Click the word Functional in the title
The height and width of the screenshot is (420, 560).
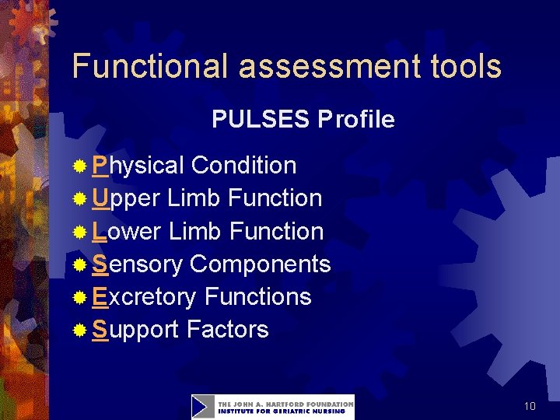[151, 67]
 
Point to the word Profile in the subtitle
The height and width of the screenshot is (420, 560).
[355, 120]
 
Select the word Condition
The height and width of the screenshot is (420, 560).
[243, 166]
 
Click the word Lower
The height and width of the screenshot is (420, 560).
[127, 231]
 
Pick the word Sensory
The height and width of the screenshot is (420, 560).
[137, 264]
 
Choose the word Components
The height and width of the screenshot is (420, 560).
[260, 264]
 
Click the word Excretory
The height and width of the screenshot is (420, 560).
[144, 296]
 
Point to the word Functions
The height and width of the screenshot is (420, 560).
[257, 296]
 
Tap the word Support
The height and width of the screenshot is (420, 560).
[135, 329]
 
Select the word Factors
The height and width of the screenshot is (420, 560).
[227, 329]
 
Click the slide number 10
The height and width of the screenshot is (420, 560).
[530, 406]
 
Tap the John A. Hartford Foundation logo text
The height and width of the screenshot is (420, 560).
[285, 407]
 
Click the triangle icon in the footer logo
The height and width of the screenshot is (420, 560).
[203, 407]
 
